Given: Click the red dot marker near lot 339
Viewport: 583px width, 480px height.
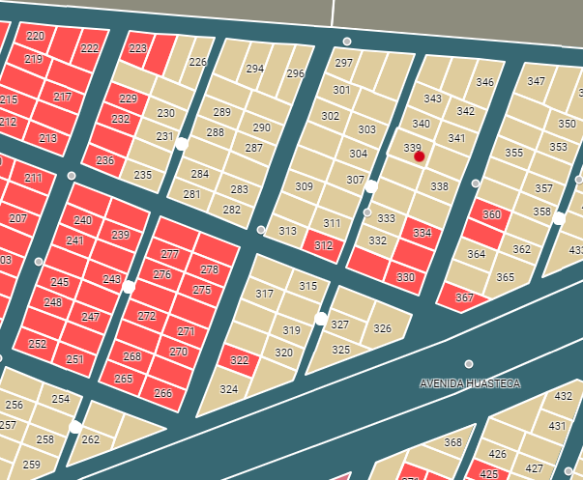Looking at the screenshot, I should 419,156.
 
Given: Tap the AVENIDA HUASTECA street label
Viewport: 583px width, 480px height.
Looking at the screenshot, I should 470,383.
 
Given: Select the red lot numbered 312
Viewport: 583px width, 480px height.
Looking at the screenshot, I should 323,245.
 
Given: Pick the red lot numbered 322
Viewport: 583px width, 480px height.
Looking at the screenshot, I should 239,360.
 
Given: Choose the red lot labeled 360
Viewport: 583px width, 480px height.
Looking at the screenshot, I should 491,214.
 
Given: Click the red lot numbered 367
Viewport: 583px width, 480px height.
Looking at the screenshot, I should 464,297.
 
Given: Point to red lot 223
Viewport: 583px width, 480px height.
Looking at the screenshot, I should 138,48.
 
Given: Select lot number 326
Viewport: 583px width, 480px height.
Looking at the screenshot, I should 382,328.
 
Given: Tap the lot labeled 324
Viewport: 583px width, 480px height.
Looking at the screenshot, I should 228,389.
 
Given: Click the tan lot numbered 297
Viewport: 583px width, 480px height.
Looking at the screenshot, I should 343,63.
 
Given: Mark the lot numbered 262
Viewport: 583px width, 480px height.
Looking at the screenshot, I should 90,439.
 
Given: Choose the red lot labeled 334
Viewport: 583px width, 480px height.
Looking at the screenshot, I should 422,233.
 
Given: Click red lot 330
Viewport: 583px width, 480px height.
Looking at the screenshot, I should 405,277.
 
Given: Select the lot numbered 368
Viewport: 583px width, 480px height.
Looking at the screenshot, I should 452,442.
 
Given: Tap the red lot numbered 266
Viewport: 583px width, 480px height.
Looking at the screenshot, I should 162,392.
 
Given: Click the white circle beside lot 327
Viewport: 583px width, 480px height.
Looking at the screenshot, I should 321,318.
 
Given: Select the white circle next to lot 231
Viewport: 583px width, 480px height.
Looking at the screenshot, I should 181,144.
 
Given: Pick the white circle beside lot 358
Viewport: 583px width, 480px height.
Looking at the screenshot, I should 558,219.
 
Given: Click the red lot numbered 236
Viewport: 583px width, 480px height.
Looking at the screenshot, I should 104,160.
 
